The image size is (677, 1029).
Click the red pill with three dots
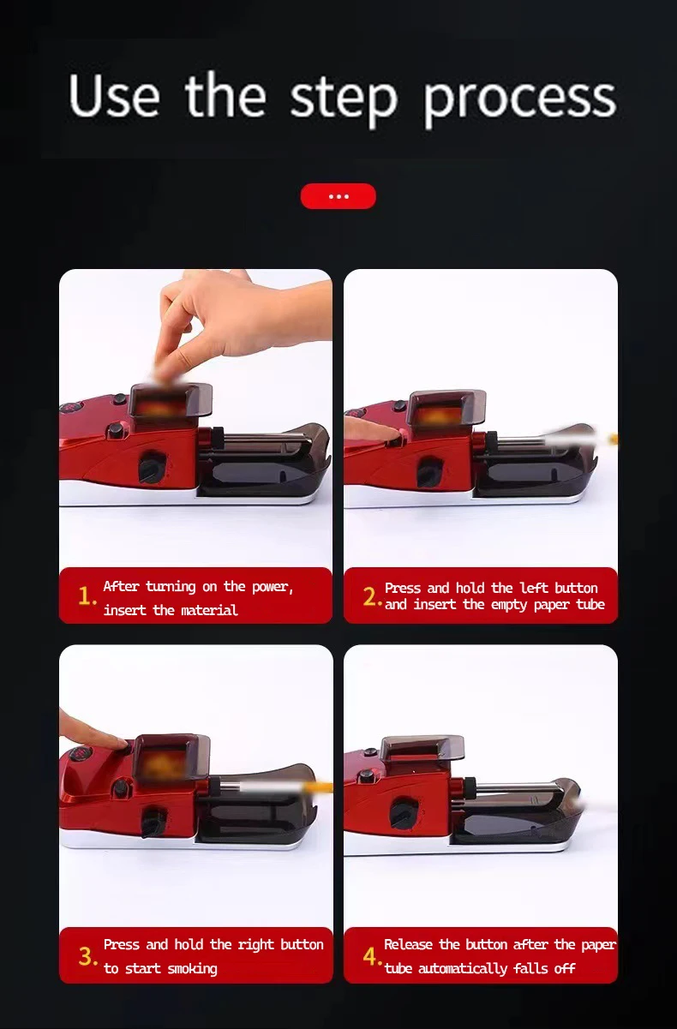click(x=338, y=196)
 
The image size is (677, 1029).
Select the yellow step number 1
click(x=87, y=595)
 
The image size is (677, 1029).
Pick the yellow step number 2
click(x=372, y=596)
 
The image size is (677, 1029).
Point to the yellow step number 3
click(x=87, y=956)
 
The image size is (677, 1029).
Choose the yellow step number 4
click(x=372, y=956)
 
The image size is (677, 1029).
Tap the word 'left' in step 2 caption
click(x=535, y=588)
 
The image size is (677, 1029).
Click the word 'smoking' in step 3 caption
click(x=192, y=969)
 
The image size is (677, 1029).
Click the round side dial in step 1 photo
click(x=153, y=467)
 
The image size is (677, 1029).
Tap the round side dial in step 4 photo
click(x=404, y=813)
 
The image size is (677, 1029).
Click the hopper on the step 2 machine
click(x=446, y=409)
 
